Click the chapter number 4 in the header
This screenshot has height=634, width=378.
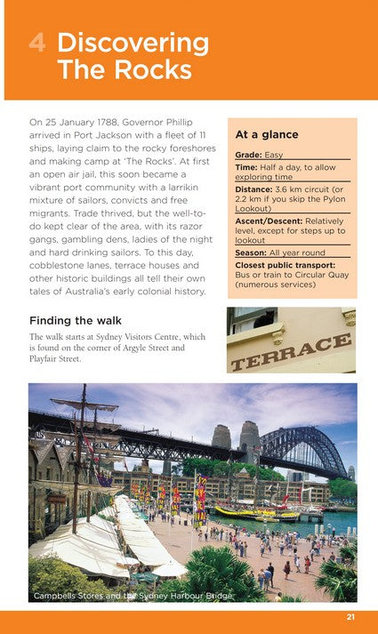point(36,43)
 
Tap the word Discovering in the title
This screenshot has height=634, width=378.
point(133,43)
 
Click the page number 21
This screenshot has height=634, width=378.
point(352,619)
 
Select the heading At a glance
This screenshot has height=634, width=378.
point(266,134)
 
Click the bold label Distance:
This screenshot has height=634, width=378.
point(257,189)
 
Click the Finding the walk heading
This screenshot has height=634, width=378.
point(76,319)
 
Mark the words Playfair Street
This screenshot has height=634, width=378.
point(55,359)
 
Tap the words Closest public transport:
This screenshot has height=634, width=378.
point(286,264)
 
